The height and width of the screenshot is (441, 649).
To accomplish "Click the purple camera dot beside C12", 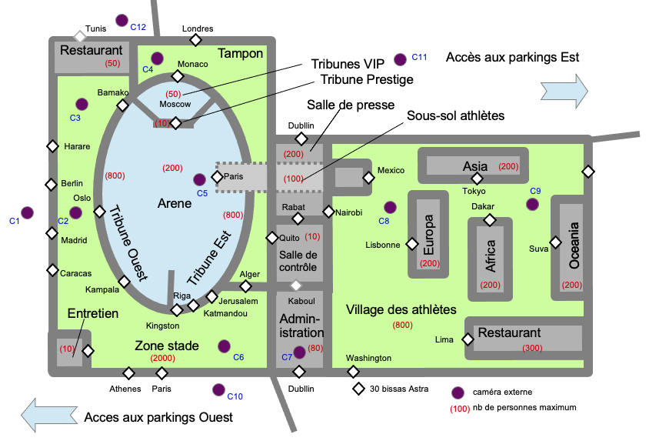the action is pyautogui.click(x=121, y=20).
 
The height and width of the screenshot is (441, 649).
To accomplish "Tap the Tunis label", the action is pyautogui.click(x=95, y=28).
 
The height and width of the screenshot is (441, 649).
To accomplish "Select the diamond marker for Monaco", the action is pyautogui.click(x=178, y=76).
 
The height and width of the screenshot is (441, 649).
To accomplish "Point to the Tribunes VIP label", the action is pyautogui.click(x=348, y=64).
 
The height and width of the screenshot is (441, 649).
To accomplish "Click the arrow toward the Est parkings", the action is pyautogui.click(x=564, y=91).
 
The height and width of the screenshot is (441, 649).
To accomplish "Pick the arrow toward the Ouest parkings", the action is pyautogui.click(x=49, y=416).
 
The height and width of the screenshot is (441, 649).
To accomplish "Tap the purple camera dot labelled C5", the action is pyautogui.click(x=199, y=180).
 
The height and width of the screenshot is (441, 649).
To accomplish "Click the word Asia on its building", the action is pyautogui.click(x=475, y=166).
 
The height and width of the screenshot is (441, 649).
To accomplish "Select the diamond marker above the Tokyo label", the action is pyautogui.click(x=478, y=179).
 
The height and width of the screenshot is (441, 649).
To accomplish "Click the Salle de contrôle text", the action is pyautogui.click(x=298, y=261).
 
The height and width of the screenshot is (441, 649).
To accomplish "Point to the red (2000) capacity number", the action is pyautogui.click(x=163, y=358).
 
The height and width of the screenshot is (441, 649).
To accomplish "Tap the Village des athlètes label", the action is pyautogui.click(x=401, y=309).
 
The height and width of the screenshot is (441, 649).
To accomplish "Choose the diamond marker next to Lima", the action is pyautogui.click(x=468, y=339).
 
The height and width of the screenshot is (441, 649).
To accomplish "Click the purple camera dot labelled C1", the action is pyautogui.click(x=28, y=213).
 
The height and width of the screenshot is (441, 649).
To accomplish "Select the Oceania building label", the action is pyautogui.click(x=574, y=246).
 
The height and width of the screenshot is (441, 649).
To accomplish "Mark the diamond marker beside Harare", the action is pyautogui.click(x=52, y=146).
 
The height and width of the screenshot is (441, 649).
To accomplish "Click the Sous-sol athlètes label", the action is pyautogui.click(x=456, y=115).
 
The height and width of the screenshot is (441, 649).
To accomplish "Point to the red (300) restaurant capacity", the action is pyautogui.click(x=532, y=348).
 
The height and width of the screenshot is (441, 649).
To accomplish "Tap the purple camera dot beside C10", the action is pyautogui.click(x=218, y=389).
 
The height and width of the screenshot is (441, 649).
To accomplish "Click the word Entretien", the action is pyautogui.click(x=93, y=313).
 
